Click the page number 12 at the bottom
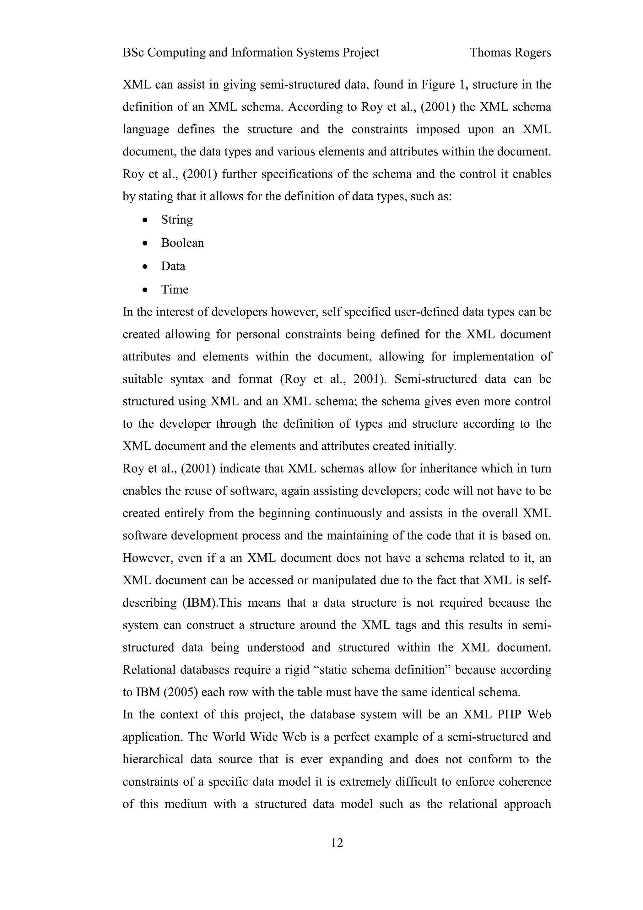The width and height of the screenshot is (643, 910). pos(337,842)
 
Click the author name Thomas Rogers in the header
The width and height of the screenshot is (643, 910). pos(510,53)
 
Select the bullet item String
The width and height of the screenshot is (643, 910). pos(177,219)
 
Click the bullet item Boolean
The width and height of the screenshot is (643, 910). pos(182,243)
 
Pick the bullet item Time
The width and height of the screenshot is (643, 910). pos(174,290)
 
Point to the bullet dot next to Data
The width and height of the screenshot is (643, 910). pos(146,267)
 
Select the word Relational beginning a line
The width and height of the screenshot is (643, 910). pos(149,670)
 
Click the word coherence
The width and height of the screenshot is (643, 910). pos(523,782)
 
